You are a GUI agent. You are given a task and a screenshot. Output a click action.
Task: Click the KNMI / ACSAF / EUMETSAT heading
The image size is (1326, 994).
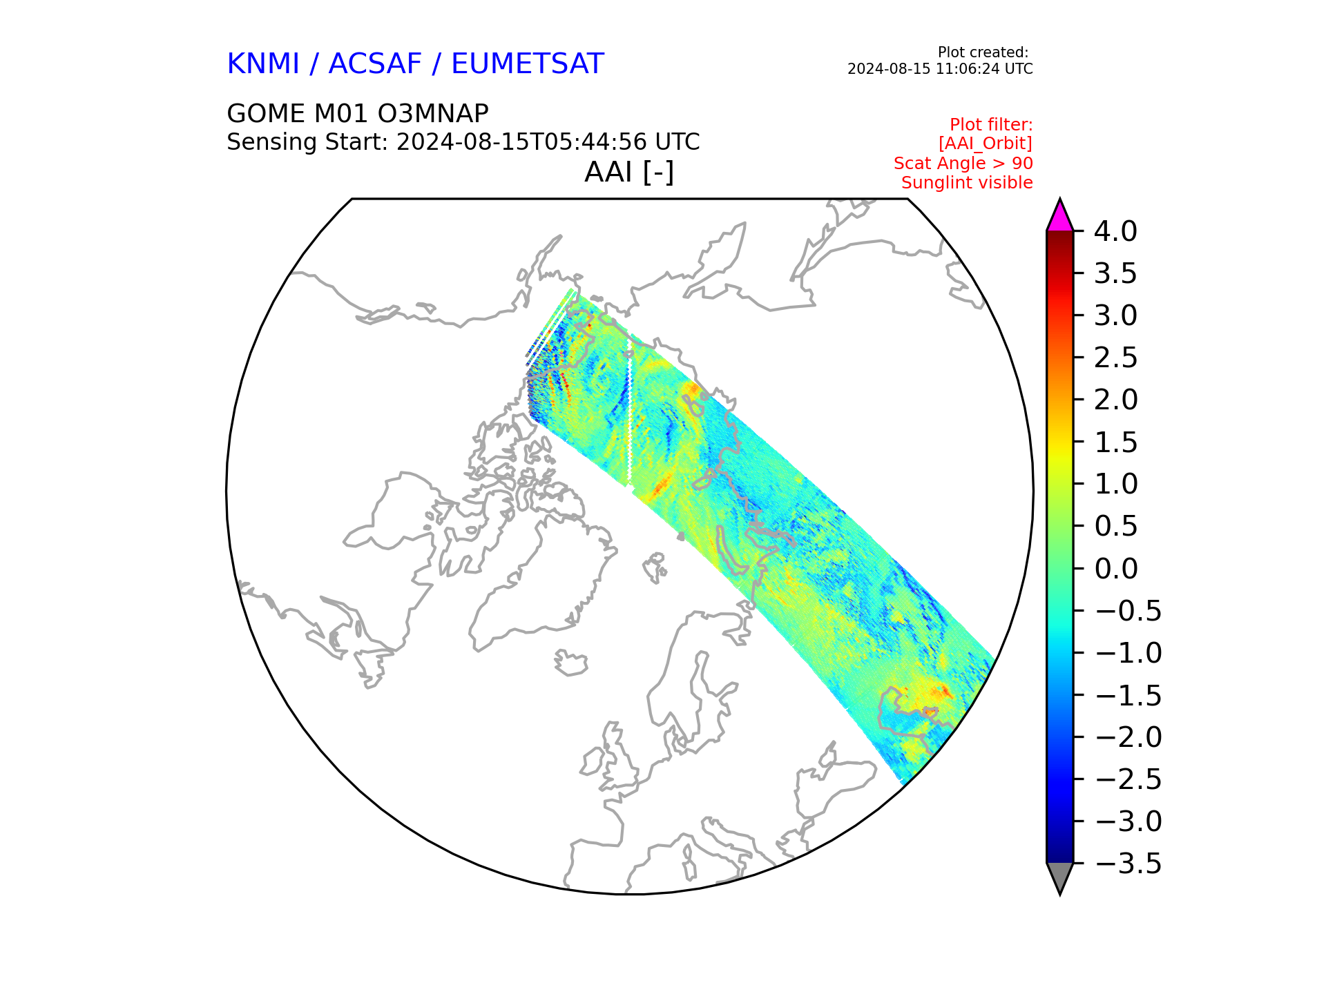pyautogui.click(x=415, y=64)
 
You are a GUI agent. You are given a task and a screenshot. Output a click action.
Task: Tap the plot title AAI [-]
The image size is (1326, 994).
pyautogui.click(x=629, y=172)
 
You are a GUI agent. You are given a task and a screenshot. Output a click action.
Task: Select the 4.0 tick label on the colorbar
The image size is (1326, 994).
pyautogui.click(x=1115, y=232)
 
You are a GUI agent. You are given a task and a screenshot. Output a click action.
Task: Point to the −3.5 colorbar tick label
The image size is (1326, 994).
pyautogui.click(x=1128, y=864)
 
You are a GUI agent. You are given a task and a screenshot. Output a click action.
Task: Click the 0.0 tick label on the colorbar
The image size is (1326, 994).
pyautogui.click(x=1115, y=569)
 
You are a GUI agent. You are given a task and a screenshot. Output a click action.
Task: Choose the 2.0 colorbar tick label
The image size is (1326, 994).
pyautogui.click(x=1115, y=400)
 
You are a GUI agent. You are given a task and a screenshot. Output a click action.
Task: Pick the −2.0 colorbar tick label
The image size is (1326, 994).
pyautogui.click(x=1128, y=737)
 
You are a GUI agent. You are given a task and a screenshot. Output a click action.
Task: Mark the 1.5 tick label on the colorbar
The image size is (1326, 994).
pyautogui.click(x=1115, y=442)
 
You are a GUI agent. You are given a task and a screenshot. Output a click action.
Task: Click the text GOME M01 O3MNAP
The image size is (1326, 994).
pyautogui.click(x=358, y=113)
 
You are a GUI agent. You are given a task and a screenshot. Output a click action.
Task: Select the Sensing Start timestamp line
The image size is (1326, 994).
pyautogui.click(x=463, y=142)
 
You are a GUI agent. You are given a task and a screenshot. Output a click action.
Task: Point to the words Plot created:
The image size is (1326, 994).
pyautogui.click(x=983, y=52)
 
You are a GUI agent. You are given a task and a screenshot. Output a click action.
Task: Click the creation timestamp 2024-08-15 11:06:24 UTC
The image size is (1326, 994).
pyautogui.click(x=940, y=69)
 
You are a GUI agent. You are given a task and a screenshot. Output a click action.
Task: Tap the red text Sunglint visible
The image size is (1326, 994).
pyautogui.click(x=967, y=183)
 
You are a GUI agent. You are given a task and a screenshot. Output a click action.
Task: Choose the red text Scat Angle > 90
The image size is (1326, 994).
pyautogui.click(x=963, y=164)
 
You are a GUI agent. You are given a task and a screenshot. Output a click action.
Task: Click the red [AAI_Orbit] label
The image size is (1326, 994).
pyautogui.click(x=986, y=144)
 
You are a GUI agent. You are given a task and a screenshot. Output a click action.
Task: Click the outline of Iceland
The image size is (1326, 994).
pyautogui.click(x=570, y=663)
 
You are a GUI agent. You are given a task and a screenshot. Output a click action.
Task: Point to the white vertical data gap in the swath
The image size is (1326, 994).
pyautogui.click(x=630, y=411)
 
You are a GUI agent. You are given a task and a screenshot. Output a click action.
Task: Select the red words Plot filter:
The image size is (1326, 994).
pyautogui.click(x=991, y=124)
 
